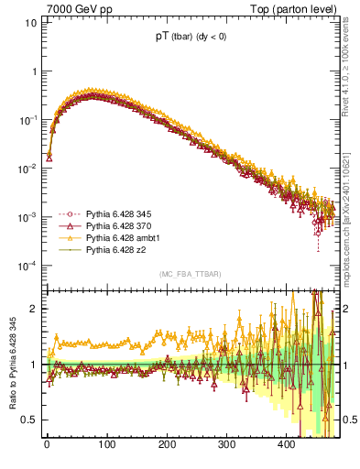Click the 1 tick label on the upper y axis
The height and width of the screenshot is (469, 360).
pos(34,71)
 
